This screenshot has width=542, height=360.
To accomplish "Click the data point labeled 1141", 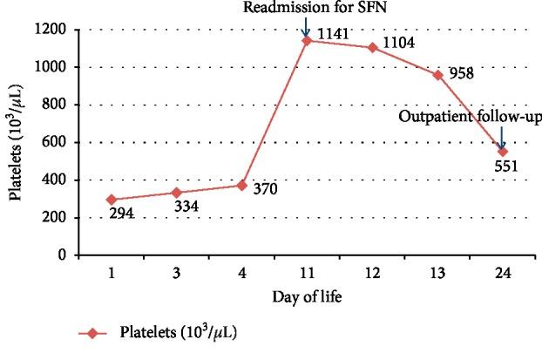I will coord(307,40).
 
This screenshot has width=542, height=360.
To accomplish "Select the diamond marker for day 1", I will coord(112,200).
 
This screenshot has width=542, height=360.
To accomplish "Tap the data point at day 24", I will coord(502,152).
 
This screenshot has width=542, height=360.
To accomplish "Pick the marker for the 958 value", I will coord(437,75).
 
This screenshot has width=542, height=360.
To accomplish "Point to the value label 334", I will coord(188,207).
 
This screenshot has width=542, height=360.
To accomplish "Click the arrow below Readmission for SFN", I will coord(306,29).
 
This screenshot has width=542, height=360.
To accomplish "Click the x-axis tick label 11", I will coord(307,272).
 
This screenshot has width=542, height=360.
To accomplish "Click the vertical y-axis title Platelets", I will coord(17,143).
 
